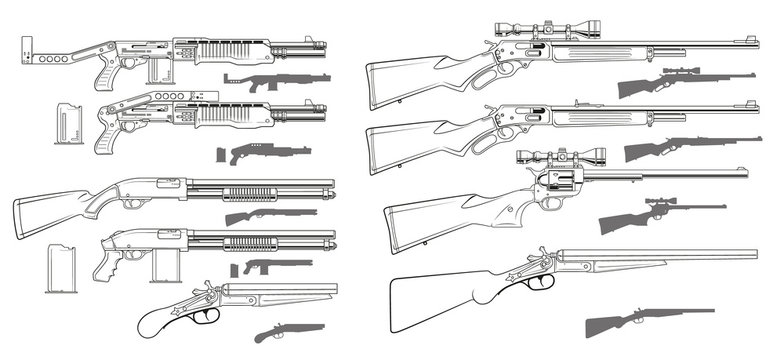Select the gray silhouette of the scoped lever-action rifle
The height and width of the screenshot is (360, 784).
coord(680,81)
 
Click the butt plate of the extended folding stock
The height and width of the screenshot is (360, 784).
coord(26,49)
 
